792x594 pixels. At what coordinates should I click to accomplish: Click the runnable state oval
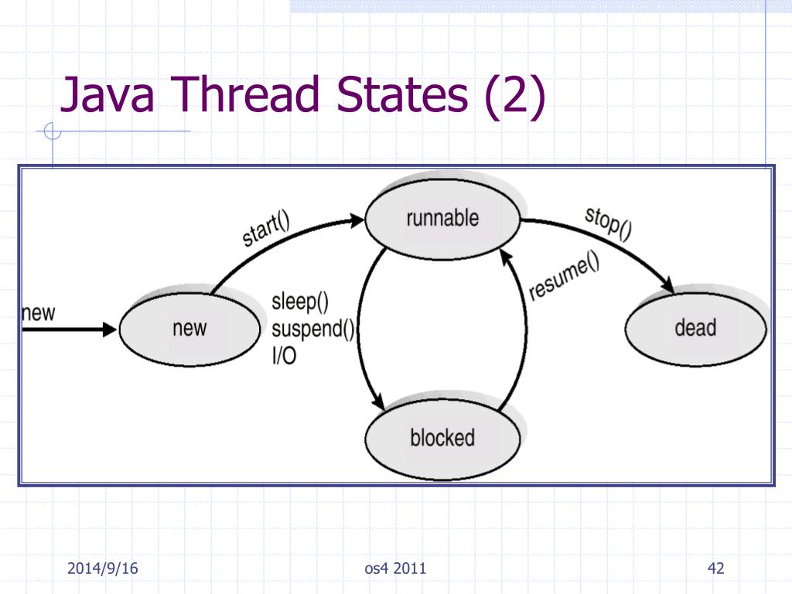pyautogui.click(x=442, y=218)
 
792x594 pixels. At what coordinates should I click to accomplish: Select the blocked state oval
pyautogui.click(x=442, y=438)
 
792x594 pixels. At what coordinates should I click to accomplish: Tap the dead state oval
pyautogui.click(x=695, y=328)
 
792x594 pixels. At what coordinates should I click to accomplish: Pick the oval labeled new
pyautogui.click(x=189, y=328)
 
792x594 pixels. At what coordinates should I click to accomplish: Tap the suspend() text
pyautogui.click(x=312, y=329)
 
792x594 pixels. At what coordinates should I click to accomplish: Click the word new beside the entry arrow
pyautogui.click(x=38, y=312)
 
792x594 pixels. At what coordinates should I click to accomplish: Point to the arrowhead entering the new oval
pyautogui.click(x=110, y=329)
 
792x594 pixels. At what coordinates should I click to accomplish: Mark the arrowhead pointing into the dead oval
pyautogui.click(x=665, y=287)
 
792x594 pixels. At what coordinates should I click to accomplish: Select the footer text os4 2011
pyautogui.click(x=395, y=569)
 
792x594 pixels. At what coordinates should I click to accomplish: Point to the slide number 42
pyautogui.click(x=715, y=569)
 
